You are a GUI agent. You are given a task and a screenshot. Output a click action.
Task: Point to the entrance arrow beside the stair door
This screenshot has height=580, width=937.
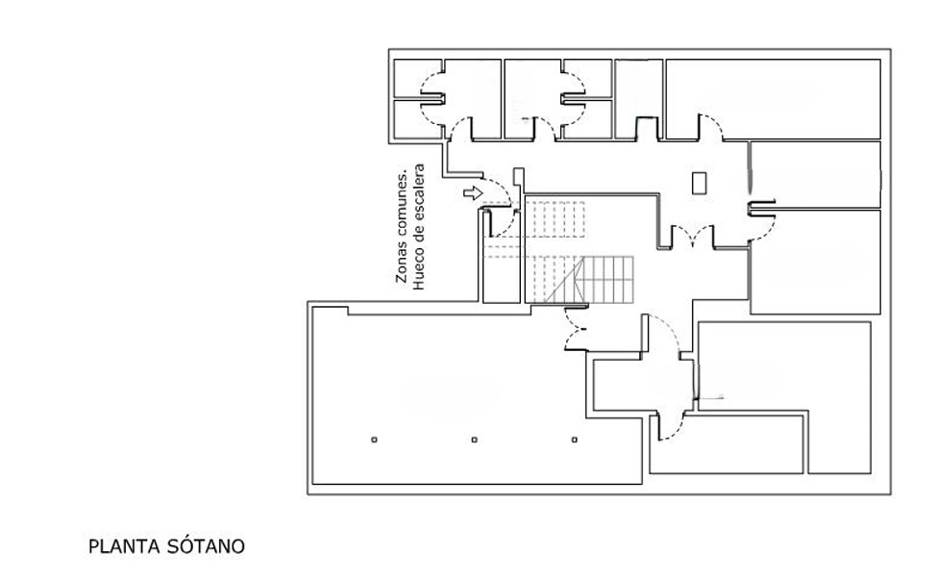[473, 193]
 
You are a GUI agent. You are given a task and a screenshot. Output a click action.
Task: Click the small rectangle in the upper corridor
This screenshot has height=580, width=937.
[700, 183]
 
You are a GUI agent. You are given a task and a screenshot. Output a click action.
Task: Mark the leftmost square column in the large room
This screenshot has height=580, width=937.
[374, 440]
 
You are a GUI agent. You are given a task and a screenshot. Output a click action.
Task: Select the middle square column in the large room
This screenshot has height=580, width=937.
[475, 440]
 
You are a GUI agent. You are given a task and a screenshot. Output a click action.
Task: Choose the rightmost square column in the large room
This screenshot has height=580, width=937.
[575, 440]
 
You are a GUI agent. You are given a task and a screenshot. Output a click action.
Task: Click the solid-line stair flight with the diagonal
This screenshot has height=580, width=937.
[588, 280]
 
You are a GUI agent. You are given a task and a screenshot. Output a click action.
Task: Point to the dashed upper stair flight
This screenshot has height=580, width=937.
[555, 219]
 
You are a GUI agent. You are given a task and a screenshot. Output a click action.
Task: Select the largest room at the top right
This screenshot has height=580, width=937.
[774, 99]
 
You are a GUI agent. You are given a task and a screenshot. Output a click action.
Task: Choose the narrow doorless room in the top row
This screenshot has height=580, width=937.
[639, 99]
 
